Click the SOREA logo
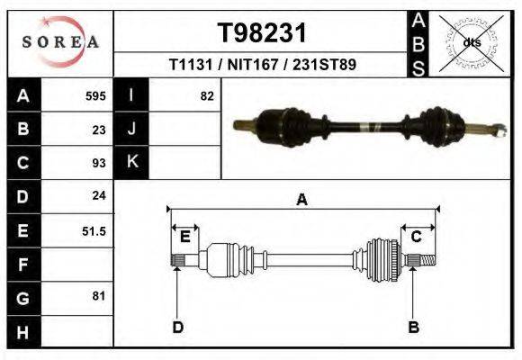click(59, 42)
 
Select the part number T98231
click(263, 33)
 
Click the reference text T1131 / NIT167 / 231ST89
click(262, 65)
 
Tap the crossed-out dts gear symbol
click(472, 42)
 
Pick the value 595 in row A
click(95, 95)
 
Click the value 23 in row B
click(99, 129)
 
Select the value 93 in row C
click(99, 163)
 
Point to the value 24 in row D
click(99, 195)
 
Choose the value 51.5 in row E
click(94, 230)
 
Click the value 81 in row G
click(99, 295)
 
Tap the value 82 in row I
click(206, 95)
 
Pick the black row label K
click(131, 162)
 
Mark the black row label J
click(131, 129)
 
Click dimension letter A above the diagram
click(302, 200)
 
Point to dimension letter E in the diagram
click(184, 237)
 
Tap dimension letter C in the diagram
click(417, 237)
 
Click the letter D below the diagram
click(178, 327)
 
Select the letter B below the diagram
click(414, 327)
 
